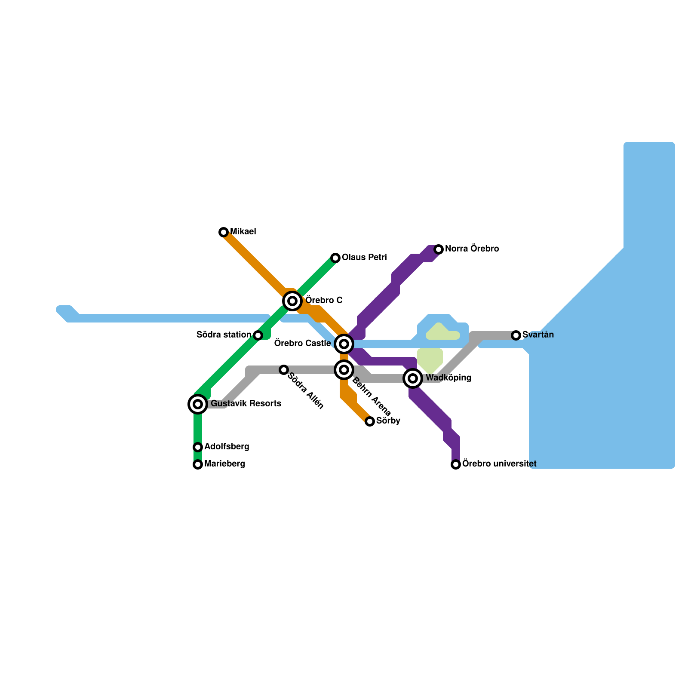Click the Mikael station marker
[x=224, y=232]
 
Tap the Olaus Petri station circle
[x=335, y=258]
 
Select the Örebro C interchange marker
[x=292, y=301]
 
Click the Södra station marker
[x=258, y=335]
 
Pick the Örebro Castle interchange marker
[x=344, y=344]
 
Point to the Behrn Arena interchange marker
[x=344, y=370]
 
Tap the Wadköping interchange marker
[x=413, y=378]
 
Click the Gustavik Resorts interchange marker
[x=198, y=404]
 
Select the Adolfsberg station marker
[x=198, y=447]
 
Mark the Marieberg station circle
[x=198, y=464]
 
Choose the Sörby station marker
[x=370, y=421]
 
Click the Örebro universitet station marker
[x=456, y=464]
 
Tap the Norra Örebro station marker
[x=439, y=249]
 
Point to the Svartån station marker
[x=516, y=335]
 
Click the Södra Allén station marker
[x=284, y=370]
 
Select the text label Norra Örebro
[x=472, y=249]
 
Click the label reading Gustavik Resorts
[x=246, y=404]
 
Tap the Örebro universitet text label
[x=499, y=464]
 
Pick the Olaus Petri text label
[x=364, y=258]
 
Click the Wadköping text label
[x=448, y=378]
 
